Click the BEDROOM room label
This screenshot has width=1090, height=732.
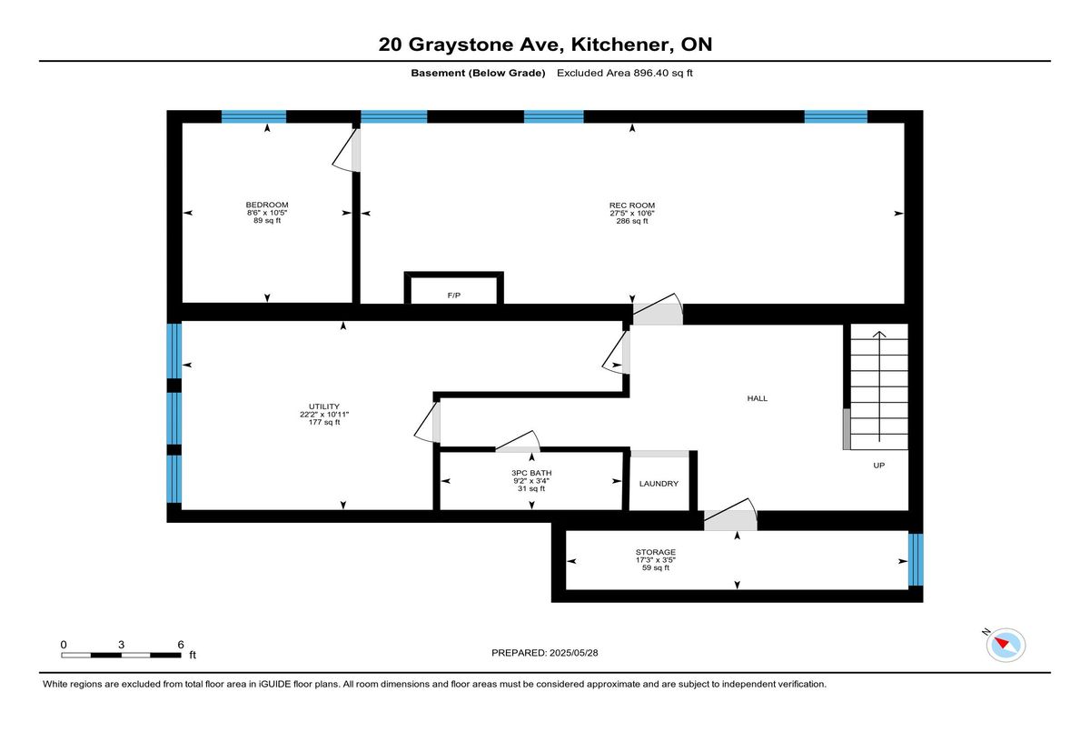(267, 205)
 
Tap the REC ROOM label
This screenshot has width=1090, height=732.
(631, 205)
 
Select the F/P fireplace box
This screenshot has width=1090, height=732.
(453, 288)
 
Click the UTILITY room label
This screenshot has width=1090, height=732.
(324, 406)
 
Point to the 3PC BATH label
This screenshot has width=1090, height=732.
(531, 473)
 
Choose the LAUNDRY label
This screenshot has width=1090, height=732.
(659, 483)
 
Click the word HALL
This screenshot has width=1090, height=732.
(758, 398)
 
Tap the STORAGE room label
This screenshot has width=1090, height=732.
(656, 552)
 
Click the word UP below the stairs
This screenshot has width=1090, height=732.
(878, 465)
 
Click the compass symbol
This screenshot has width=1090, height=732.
(1006, 645)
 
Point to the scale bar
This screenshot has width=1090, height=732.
(121, 655)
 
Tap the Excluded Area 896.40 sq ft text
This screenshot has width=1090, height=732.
(625, 73)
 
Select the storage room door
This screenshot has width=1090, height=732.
(730, 515)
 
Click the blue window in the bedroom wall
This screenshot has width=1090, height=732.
(253, 117)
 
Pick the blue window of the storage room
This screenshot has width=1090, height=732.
(916, 559)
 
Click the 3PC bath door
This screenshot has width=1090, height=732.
(518, 442)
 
